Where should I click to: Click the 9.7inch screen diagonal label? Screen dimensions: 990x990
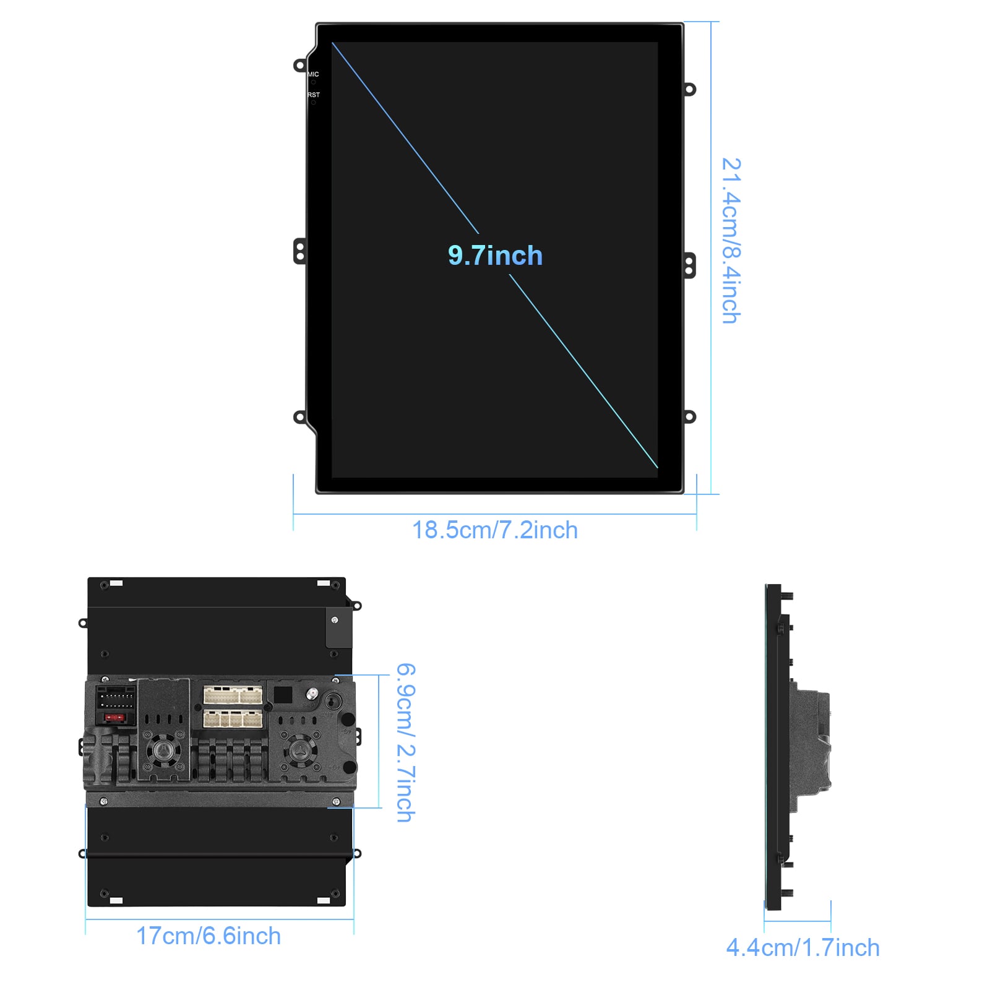coord(495,256)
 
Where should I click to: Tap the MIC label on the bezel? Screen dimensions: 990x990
coord(313,74)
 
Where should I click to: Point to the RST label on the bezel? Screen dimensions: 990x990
coord(314,95)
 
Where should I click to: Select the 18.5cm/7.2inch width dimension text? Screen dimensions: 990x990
coord(495,530)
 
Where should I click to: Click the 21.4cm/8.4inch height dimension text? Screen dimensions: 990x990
coord(732,241)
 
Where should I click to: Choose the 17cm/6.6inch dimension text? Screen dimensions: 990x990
coord(209,936)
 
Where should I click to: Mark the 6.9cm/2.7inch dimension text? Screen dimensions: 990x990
coord(406,742)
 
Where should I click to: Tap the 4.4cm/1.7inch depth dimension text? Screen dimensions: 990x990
coord(803,948)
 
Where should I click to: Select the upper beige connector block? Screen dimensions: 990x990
coord(233,695)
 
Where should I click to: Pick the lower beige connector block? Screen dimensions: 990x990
coord(233,718)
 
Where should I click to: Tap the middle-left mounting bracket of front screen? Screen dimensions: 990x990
coord(299,252)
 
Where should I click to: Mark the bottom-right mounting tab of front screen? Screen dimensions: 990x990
coord(689,416)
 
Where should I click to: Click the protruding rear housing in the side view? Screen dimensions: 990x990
coord(812,741)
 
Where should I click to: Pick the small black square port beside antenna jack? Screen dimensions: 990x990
coord(283,694)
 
